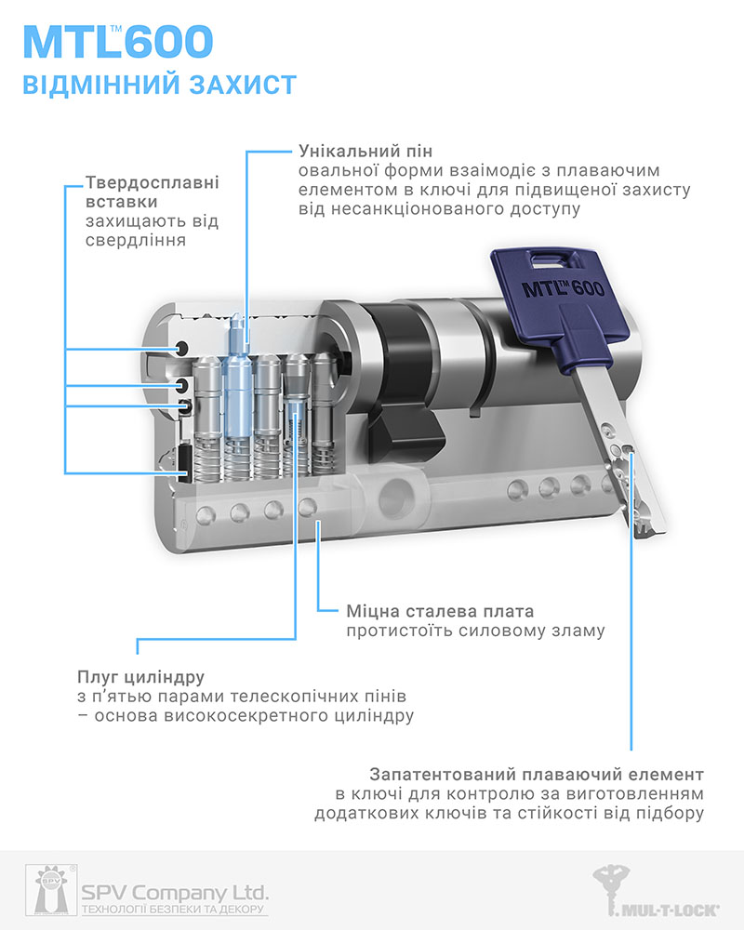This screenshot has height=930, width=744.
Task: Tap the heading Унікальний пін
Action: pos(365,151)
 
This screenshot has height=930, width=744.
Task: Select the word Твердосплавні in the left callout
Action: pos(152,182)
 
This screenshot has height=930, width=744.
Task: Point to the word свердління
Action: pos(135,240)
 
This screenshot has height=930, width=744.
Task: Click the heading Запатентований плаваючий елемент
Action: pos(536,774)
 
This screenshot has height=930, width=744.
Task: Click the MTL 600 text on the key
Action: pos(562,287)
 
